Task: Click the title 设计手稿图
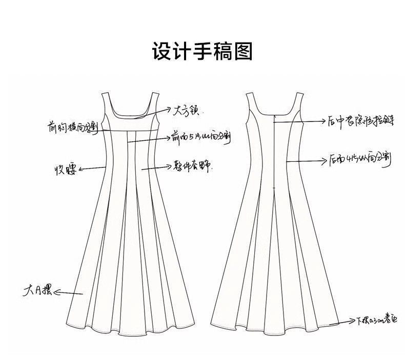pyautogui.click(x=202, y=52)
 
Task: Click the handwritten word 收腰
pyautogui.click(x=66, y=170)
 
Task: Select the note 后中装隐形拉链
pyautogui.click(x=359, y=121)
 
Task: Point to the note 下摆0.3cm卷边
pyautogui.click(x=377, y=321)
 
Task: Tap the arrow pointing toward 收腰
pyautogui.click(x=92, y=167)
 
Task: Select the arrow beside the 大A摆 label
pyautogui.click(x=68, y=293)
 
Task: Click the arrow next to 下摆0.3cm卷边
pyautogui.click(x=343, y=323)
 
